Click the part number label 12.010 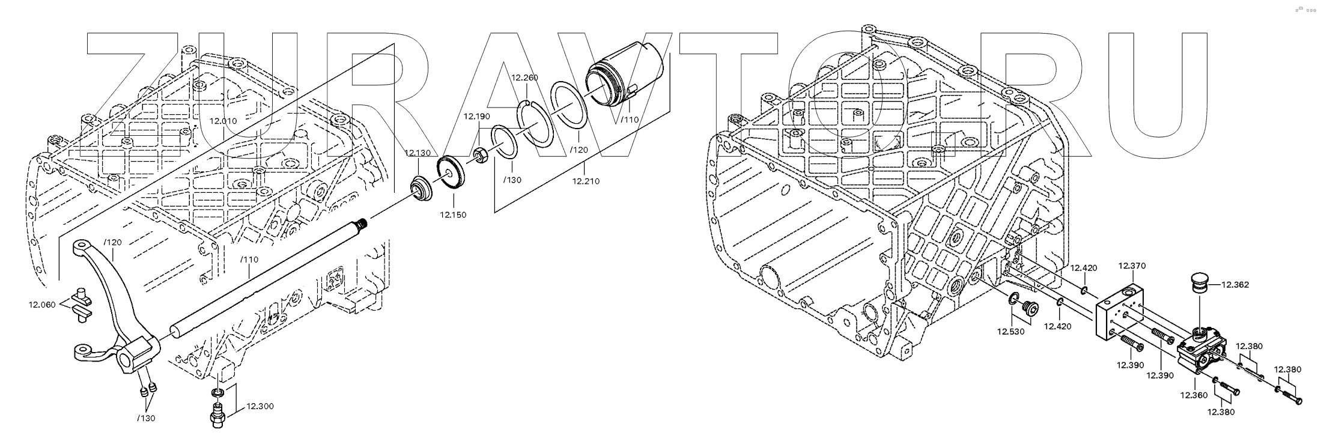[x=223, y=121]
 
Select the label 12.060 [x=42, y=305]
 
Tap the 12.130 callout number [x=418, y=153]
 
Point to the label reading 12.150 [x=453, y=214]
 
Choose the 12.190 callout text [x=477, y=116]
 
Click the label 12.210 [x=586, y=180]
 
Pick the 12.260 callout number [x=524, y=78]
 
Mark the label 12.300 [x=260, y=406]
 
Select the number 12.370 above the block [x=1132, y=266]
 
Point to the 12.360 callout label [x=1194, y=395]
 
